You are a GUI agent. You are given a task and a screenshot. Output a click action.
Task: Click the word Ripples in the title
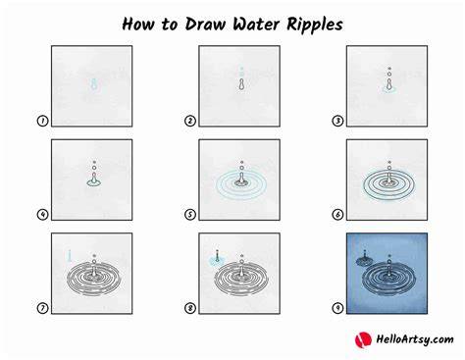[x=315, y=25]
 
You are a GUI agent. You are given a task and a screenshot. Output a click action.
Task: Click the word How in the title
[x=137, y=25]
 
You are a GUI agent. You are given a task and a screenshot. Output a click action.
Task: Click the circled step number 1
[x=42, y=121]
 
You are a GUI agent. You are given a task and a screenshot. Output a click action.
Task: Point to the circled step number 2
[x=190, y=121]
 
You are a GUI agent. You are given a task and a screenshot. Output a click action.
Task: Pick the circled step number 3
[x=337, y=121]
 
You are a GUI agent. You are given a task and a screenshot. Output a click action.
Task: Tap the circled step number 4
[x=42, y=215]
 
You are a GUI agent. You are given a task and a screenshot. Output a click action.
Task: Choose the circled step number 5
[x=190, y=215]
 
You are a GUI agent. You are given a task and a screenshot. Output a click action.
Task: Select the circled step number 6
[x=337, y=215]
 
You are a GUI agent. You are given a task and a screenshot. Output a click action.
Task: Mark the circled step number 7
[x=42, y=308]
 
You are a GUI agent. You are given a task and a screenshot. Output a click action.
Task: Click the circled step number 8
[x=190, y=308]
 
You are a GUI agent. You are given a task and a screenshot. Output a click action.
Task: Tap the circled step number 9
[x=337, y=308]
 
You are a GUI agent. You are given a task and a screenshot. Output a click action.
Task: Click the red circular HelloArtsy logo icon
[x=363, y=339]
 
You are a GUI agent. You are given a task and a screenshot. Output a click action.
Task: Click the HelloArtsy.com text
[x=415, y=339]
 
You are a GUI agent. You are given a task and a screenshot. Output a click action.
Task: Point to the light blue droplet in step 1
[x=94, y=84]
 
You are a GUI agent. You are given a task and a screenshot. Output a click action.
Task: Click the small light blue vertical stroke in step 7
[x=70, y=256]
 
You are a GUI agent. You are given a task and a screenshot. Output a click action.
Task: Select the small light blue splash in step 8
[x=217, y=260]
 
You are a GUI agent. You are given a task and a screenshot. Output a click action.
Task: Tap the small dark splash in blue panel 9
[x=365, y=260]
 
